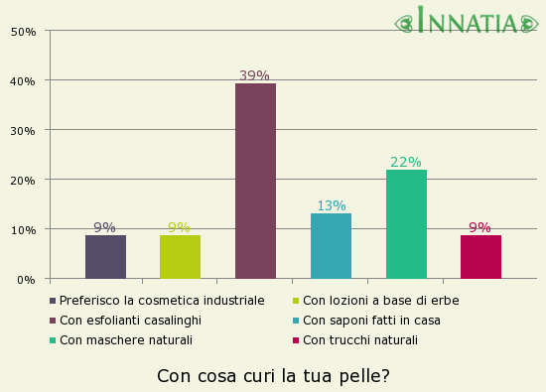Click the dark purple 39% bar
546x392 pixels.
coord(255,181)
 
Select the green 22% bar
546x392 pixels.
coord(406,223)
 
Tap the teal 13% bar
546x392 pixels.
coord(331,245)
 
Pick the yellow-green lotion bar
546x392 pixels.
coord(180,256)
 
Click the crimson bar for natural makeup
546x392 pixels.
coord(480,256)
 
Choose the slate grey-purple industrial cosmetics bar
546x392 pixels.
coord(105,256)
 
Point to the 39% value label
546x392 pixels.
coord(254,75)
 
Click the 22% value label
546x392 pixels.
coord(405,162)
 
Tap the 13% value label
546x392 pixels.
coord(331,206)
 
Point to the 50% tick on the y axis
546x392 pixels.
coord(24,31)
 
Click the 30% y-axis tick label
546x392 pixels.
coord(24,130)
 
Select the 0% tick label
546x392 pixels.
coord(27,279)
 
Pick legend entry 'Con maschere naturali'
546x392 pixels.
coord(125,339)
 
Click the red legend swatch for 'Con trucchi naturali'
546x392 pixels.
coord(296,340)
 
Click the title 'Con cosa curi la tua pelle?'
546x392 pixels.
coord(273,376)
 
